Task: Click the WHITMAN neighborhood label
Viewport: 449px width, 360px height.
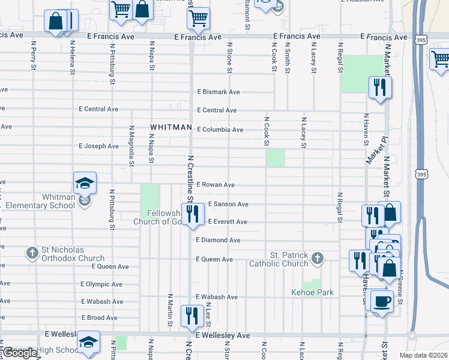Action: (x=171, y=128)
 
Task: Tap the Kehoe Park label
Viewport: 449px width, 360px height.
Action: (x=312, y=292)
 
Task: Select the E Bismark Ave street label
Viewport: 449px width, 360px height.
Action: (x=219, y=92)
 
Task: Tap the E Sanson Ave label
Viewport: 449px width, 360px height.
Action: (x=228, y=204)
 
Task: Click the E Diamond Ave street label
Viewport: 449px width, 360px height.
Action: (x=218, y=240)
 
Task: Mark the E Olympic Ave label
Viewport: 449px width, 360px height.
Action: (x=101, y=284)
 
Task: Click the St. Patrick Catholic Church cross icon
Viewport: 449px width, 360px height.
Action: (x=318, y=259)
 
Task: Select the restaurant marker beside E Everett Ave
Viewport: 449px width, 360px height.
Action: (x=192, y=214)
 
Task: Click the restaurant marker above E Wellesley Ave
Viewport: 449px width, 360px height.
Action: (x=192, y=316)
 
